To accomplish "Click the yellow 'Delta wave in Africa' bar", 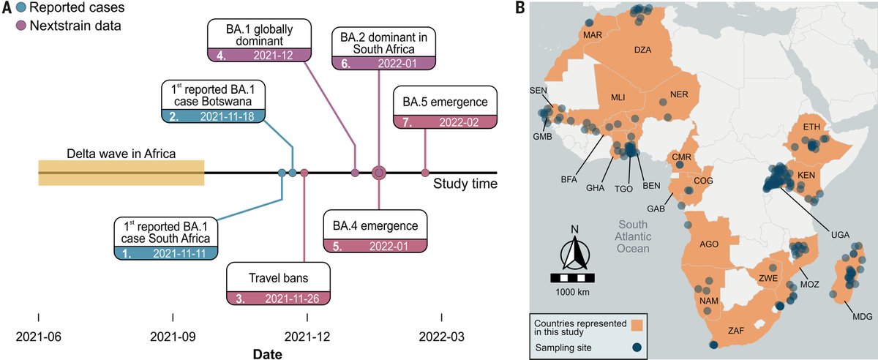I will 121,173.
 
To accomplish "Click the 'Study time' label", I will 465,184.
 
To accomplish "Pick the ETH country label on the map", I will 811,127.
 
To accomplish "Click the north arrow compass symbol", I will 574,252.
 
